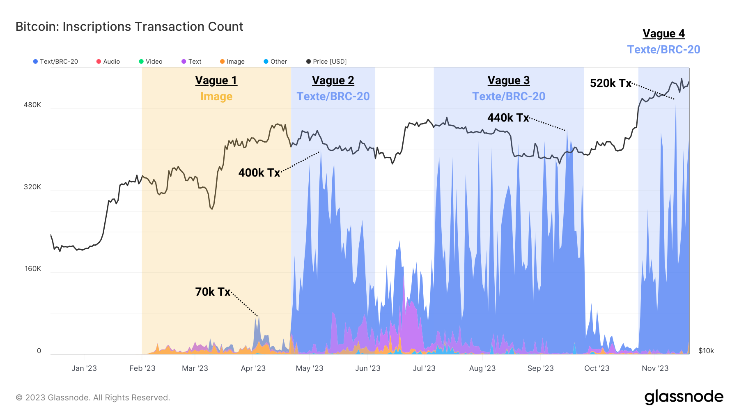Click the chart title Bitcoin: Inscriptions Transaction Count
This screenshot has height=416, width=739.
(129, 27)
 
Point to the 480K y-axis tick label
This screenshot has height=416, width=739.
(32, 105)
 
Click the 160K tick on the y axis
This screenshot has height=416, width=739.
(33, 269)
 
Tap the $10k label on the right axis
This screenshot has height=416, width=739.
(706, 351)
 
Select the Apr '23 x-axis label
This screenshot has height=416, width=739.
(253, 368)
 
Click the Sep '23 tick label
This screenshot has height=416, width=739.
(540, 368)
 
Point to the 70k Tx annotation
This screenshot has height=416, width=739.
(213, 292)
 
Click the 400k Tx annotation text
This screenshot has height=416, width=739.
(259, 172)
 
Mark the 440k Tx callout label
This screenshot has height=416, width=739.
(508, 118)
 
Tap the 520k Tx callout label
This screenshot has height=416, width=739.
(610, 83)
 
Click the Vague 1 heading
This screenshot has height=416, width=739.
(216, 80)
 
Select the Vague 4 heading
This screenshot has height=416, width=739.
(663, 34)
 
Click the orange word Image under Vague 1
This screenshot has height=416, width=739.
(216, 97)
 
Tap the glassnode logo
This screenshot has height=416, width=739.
(684, 397)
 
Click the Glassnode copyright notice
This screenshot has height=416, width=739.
(93, 398)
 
